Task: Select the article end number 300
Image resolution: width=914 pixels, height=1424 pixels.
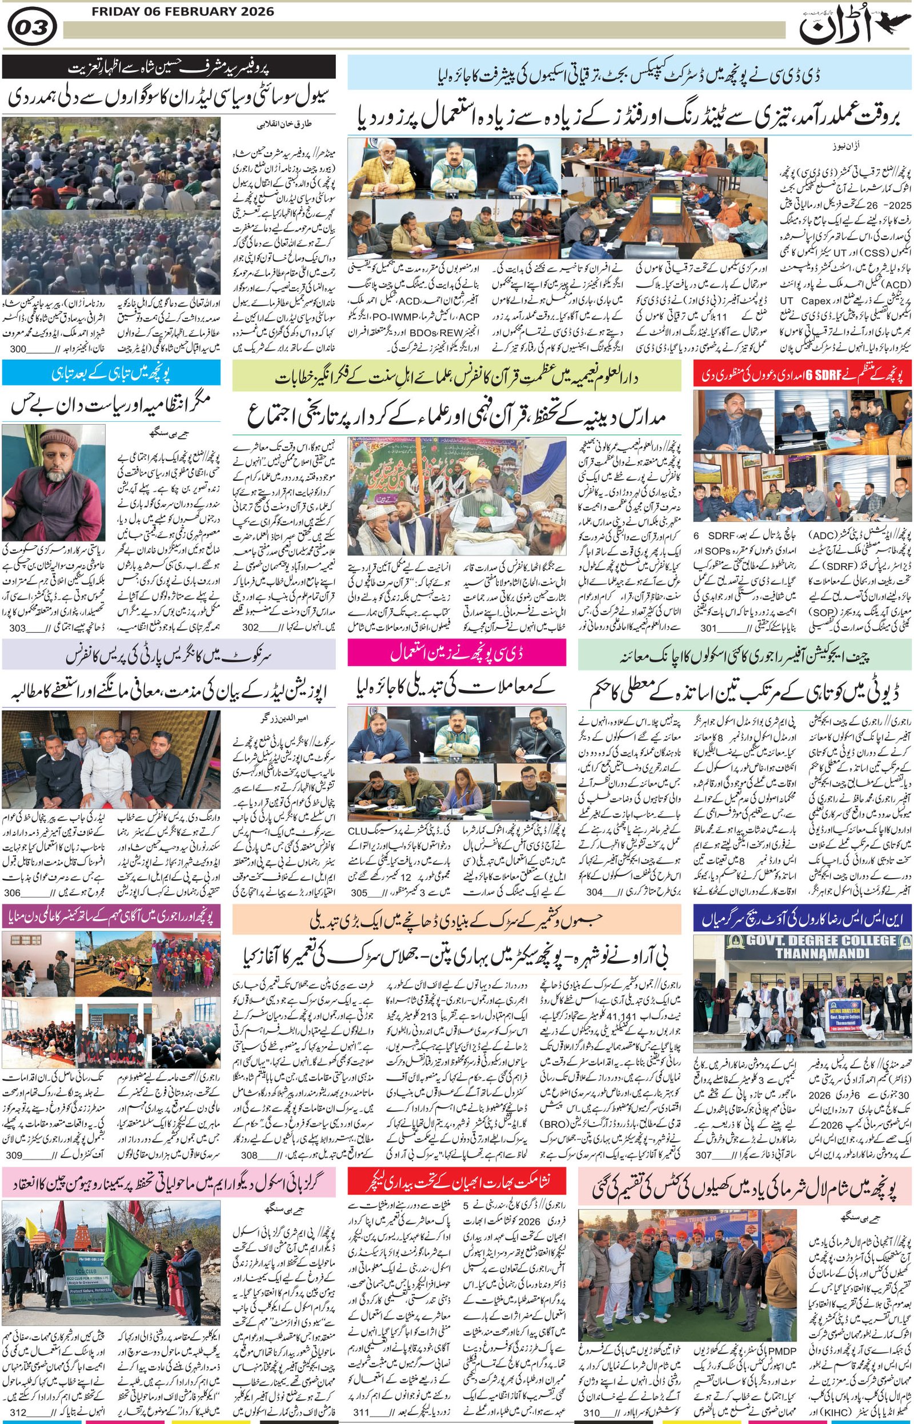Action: pos(18,349)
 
